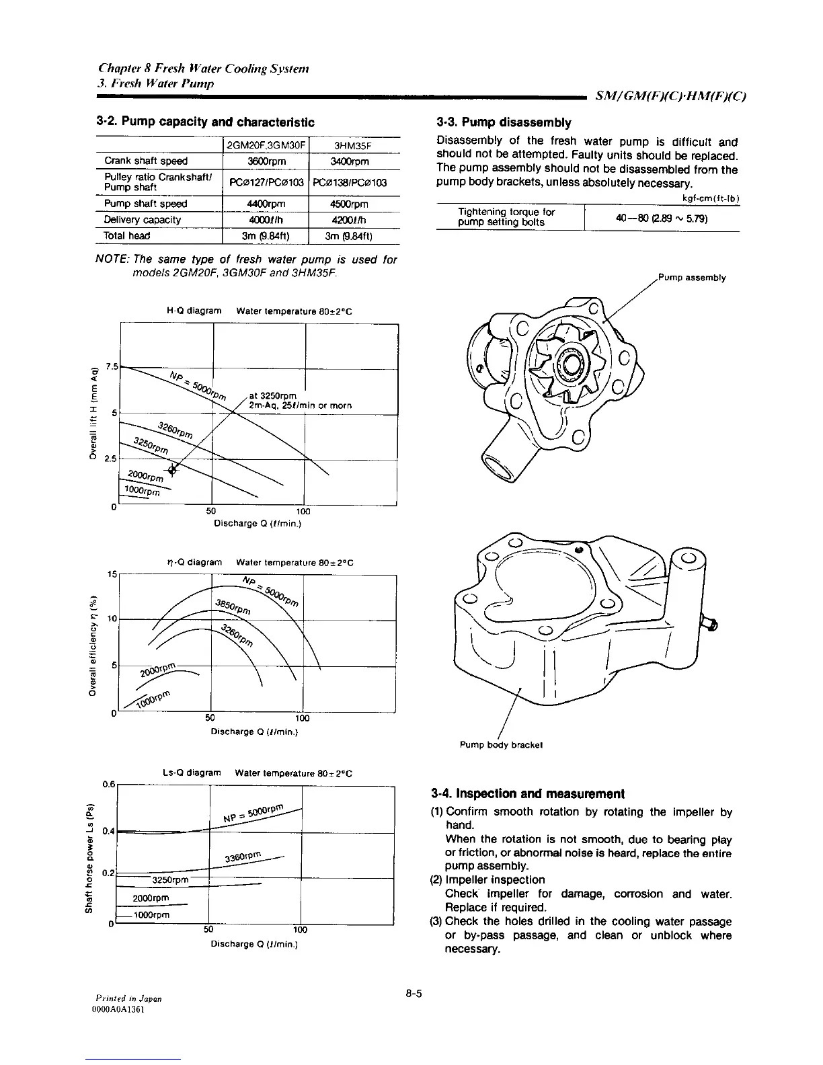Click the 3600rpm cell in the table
(265, 161)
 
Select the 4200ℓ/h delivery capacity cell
(354, 220)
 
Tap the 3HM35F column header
(354, 145)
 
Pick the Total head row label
(127, 236)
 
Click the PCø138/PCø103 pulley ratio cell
(354, 182)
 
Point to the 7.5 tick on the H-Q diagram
(111, 367)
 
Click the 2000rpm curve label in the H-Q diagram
(145, 475)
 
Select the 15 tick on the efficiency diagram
(112, 575)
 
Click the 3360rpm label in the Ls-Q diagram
(243, 859)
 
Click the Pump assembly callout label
(691, 278)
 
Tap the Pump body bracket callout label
(501, 745)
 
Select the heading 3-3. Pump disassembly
(504, 123)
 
